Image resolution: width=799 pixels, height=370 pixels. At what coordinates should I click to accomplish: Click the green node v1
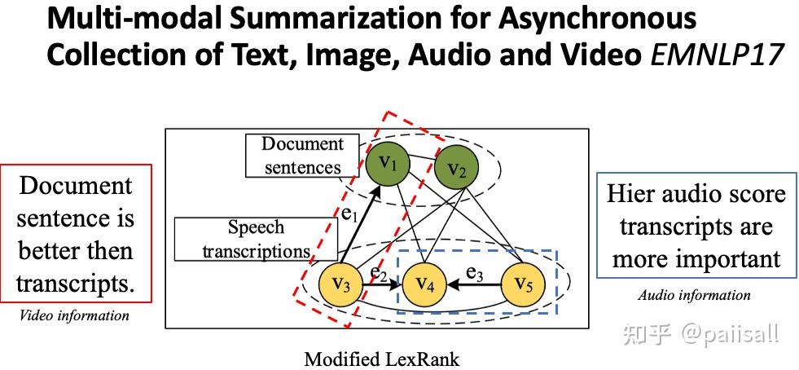click(388, 164)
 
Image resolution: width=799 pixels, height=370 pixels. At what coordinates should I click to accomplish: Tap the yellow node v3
click(340, 285)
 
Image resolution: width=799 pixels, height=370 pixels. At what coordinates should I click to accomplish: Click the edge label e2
click(379, 274)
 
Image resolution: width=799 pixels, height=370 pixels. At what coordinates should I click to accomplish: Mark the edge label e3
click(474, 274)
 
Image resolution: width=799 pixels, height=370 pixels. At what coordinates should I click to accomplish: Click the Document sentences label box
click(303, 156)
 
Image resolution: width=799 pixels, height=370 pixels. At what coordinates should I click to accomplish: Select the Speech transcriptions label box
click(256, 239)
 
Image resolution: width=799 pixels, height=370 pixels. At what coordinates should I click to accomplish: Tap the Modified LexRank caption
click(382, 359)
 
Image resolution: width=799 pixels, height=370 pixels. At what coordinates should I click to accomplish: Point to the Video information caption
click(74, 315)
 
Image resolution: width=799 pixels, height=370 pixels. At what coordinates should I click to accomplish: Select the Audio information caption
click(694, 295)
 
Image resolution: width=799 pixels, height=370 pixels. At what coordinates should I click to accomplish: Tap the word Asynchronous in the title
click(597, 20)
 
